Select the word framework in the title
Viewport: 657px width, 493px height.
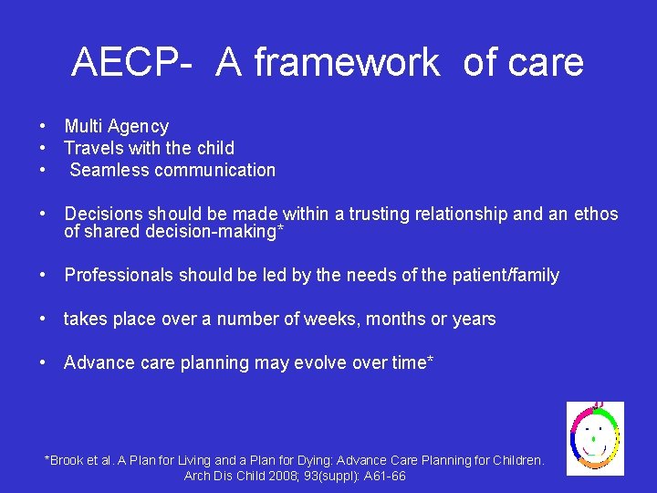(x=346, y=63)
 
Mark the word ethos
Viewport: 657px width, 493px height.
(x=596, y=215)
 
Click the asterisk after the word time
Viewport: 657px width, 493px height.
(x=430, y=361)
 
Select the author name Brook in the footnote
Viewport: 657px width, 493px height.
(x=68, y=460)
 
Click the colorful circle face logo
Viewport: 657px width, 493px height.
(x=595, y=437)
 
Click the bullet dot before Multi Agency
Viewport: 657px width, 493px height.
(x=43, y=127)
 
